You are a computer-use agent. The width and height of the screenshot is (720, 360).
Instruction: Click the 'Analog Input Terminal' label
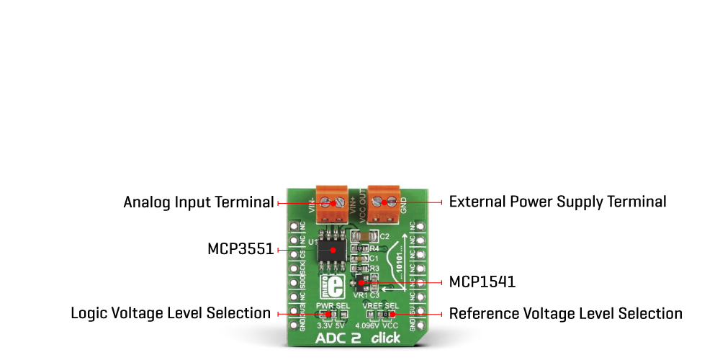(x=199, y=202)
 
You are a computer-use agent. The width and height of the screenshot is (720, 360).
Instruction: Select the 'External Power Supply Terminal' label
(x=557, y=202)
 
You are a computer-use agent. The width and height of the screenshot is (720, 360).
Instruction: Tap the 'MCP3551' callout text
(x=240, y=250)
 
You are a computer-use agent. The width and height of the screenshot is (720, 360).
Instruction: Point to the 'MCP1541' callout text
(x=482, y=282)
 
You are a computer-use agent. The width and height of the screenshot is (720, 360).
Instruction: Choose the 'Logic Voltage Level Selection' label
(x=171, y=314)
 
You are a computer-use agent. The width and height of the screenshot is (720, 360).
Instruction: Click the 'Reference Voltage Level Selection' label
(x=566, y=314)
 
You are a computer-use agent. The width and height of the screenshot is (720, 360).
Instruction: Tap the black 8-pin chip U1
(x=332, y=251)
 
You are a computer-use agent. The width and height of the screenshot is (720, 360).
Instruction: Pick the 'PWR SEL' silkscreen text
(x=332, y=306)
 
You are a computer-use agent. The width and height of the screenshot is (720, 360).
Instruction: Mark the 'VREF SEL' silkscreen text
(x=381, y=306)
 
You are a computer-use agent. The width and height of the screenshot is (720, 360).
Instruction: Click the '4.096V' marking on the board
(x=368, y=325)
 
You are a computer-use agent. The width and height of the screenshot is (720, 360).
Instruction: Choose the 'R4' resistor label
(x=374, y=248)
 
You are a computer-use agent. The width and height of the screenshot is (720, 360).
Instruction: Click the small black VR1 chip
(x=361, y=284)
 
